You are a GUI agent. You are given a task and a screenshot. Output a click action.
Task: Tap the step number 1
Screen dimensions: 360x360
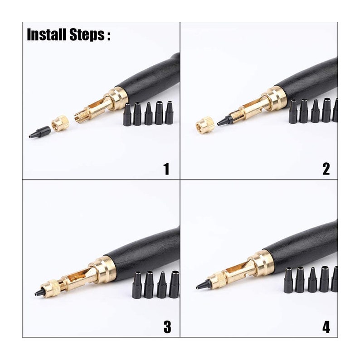pyautogui.click(x=166, y=169)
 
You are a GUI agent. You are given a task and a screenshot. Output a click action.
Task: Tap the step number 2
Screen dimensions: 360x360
pyautogui.click(x=326, y=169)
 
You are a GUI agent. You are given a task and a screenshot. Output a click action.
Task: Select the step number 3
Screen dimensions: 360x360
pyautogui.click(x=167, y=327)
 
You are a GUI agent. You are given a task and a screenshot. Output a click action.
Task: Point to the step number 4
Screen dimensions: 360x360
pyautogui.click(x=326, y=327)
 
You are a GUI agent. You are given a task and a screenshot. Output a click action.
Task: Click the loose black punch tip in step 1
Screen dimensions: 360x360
pyautogui.click(x=40, y=132)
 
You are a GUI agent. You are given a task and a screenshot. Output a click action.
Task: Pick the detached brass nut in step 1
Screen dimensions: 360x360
pyautogui.click(x=60, y=123)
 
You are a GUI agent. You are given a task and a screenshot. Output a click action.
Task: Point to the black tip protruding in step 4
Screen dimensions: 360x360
pyautogui.click(x=203, y=285)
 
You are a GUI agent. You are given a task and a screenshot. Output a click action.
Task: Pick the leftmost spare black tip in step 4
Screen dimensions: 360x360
pyautogui.click(x=288, y=281)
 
